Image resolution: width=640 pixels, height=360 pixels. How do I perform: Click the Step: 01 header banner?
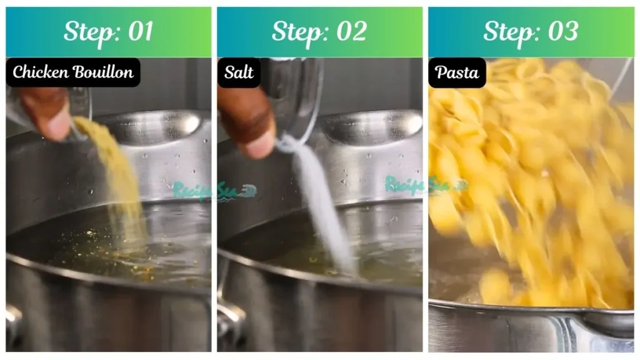pos(108,32)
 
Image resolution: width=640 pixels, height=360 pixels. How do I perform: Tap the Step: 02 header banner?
pos(319,32)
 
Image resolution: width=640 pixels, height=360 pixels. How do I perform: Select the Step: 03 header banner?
pos(531,32)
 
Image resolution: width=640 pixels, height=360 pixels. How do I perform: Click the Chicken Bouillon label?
pos(73,72)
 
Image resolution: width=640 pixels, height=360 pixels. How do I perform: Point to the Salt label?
pos(239,72)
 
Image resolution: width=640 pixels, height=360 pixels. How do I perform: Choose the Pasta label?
pos(457,72)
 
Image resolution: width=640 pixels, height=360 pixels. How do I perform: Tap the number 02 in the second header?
pos(351,32)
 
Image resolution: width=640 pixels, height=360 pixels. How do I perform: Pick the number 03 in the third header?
pos(562,32)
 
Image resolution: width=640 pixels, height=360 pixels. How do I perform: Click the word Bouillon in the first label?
pos(103,72)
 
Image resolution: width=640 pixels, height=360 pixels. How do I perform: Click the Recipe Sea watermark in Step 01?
pos(212,190)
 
